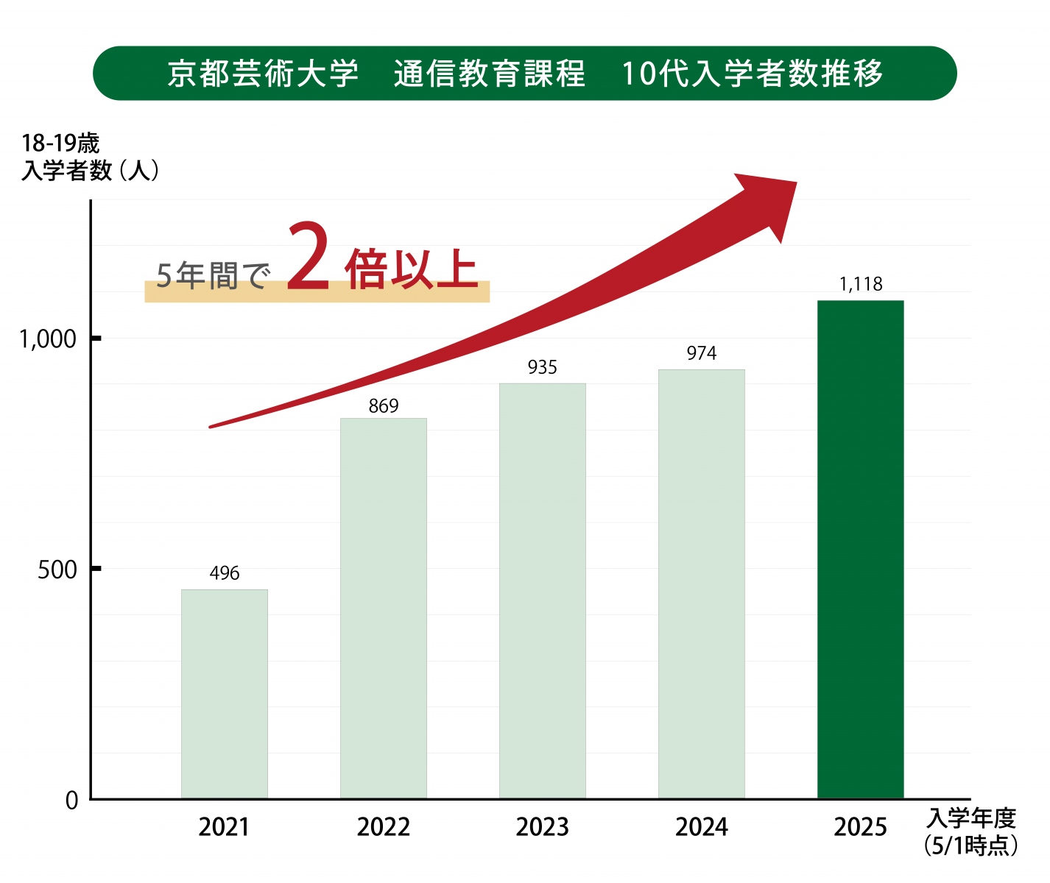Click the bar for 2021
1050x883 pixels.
pyautogui.click(x=225, y=693)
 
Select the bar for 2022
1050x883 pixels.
pyautogui.click(x=384, y=608)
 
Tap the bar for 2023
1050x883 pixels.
pyautogui.click(x=543, y=590)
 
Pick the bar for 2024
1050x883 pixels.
pyautogui.click(x=702, y=584)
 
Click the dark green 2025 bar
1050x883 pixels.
pyautogui.click(x=860, y=549)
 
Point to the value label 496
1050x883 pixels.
pyautogui.click(x=225, y=573)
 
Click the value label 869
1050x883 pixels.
pyautogui.click(x=384, y=406)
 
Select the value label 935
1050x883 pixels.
pyautogui.click(x=543, y=367)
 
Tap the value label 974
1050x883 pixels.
pyautogui.click(x=702, y=354)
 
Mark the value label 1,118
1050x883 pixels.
pyautogui.click(x=861, y=284)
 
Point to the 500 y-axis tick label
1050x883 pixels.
pyautogui.click(x=57, y=570)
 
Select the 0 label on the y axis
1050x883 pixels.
pyautogui.click(x=71, y=801)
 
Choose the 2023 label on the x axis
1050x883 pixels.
pyautogui.click(x=543, y=827)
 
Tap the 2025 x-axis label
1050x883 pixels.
pyautogui.click(x=860, y=827)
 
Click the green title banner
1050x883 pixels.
pyautogui.click(x=524, y=74)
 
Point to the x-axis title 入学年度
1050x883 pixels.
pyautogui.click(x=971, y=818)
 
